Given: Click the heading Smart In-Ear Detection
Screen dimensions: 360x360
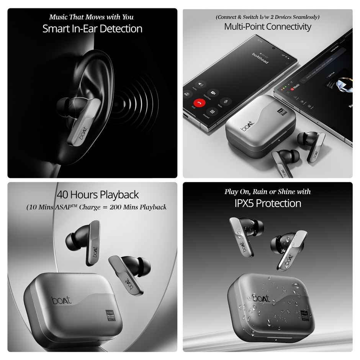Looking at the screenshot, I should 92,29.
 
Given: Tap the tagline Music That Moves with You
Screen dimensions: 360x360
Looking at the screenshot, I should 91,17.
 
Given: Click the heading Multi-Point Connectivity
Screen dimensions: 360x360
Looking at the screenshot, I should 267,26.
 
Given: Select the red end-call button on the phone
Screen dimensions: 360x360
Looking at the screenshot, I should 198,103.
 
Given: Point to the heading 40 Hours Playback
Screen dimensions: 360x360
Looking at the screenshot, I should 97,195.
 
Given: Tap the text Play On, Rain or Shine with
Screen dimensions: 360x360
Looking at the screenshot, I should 267,191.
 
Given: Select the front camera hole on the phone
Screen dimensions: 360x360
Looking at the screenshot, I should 273,49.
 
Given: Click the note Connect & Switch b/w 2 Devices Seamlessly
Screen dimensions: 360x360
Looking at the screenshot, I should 267,17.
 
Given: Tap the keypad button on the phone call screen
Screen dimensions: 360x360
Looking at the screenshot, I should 212,112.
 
